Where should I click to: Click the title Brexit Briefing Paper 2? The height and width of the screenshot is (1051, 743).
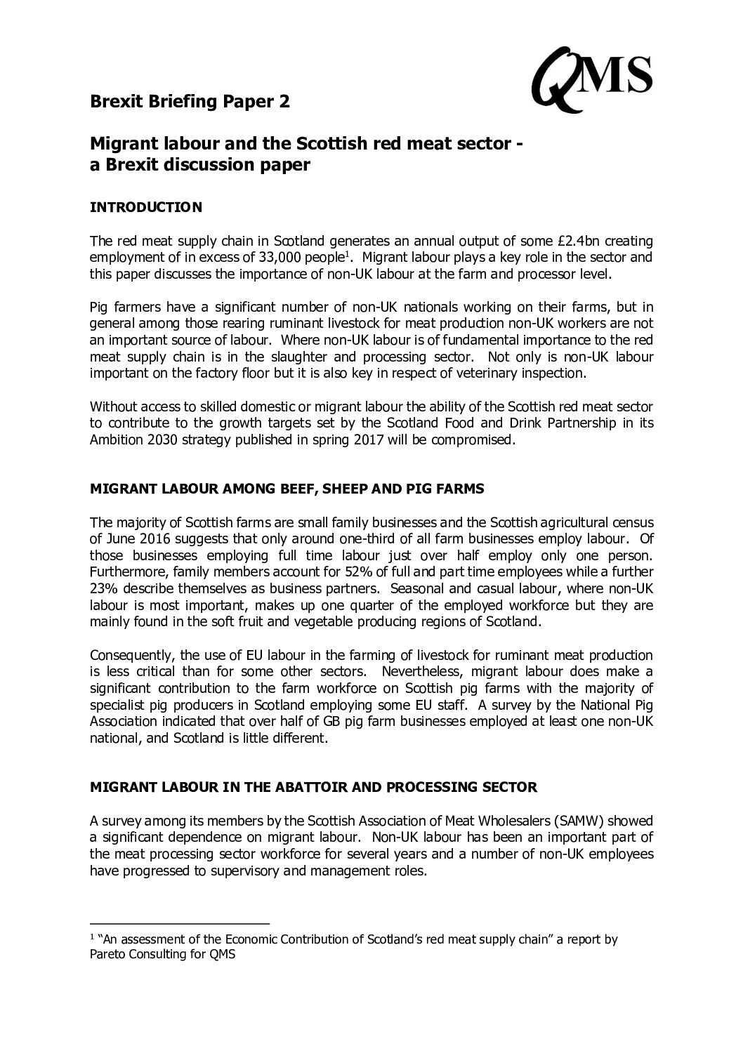click(190, 102)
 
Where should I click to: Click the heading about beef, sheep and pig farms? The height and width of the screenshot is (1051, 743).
click(287, 489)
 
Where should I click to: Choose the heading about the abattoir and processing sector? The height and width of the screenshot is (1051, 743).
click(314, 787)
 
